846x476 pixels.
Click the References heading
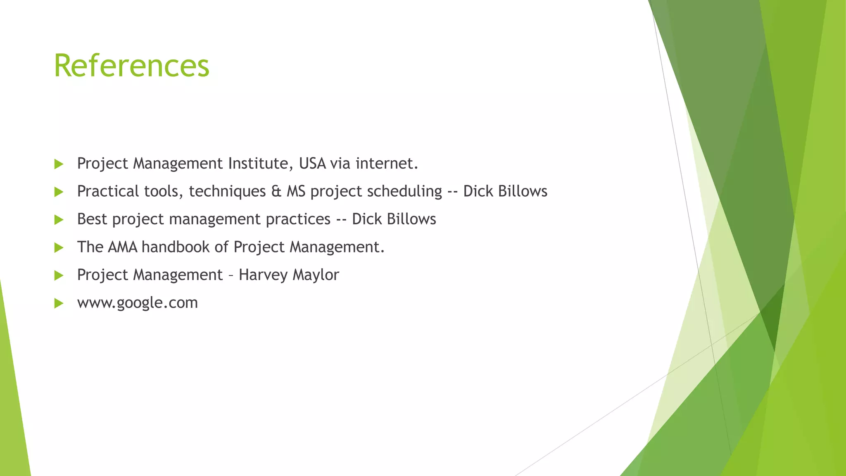pyautogui.click(x=131, y=66)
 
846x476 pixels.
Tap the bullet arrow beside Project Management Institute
pyautogui.click(x=59, y=164)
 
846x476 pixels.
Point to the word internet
pyautogui.click(x=387, y=164)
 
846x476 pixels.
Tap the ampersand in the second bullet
pyautogui.click(x=276, y=191)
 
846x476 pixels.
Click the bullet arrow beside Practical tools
pyautogui.click(x=59, y=192)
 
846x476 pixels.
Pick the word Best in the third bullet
pyautogui.click(x=92, y=219)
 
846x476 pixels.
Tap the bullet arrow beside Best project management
pyautogui.click(x=59, y=220)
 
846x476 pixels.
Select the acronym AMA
pyautogui.click(x=122, y=247)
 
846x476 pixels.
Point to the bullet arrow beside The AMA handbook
pyautogui.click(x=59, y=248)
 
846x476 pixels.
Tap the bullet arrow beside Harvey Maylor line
pyautogui.click(x=59, y=276)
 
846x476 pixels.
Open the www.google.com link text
pyautogui.click(x=138, y=303)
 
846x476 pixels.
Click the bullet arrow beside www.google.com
pyautogui.click(x=59, y=304)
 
